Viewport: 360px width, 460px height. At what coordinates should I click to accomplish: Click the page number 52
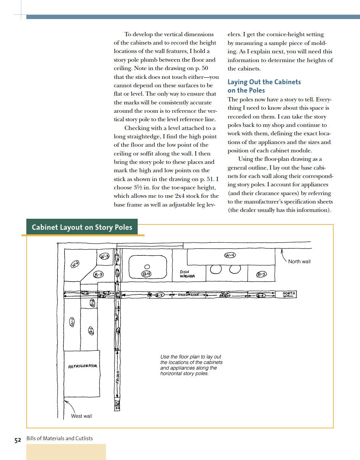pos(18,440)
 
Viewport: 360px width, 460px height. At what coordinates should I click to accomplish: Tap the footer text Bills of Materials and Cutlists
pos(59,438)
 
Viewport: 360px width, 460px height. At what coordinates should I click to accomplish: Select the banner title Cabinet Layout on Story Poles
pos(82,228)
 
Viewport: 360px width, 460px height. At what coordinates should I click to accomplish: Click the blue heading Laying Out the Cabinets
pos(264,82)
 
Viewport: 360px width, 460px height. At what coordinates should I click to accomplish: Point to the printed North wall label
pos(299,261)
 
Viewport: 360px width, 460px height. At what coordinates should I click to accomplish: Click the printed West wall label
pos(82,416)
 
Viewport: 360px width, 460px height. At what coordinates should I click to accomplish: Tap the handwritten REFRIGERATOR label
pos(83,366)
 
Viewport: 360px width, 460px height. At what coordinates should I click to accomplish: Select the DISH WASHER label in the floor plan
pos(187,274)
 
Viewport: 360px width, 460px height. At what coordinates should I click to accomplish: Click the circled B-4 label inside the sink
pos(147,274)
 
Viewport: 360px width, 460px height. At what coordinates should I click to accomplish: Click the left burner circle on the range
pos(216,269)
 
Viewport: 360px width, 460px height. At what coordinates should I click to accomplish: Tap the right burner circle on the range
pos(235,269)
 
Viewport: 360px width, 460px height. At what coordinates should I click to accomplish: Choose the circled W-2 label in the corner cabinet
pos(75,264)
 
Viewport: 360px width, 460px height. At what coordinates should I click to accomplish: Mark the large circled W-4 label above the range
pos(230,255)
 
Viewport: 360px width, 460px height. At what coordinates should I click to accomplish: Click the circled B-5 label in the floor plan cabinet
pos(261,274)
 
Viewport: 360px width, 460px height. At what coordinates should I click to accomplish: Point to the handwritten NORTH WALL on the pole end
pos(289,295)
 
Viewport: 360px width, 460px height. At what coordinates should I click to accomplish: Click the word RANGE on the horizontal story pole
pos(225,295)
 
